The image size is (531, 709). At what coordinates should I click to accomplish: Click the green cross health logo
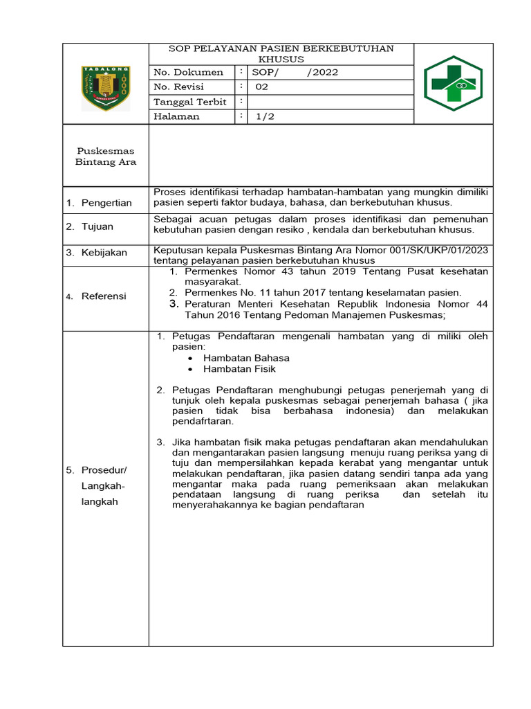tap(454, 84)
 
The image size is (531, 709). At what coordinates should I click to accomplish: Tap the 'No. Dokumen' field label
tap(188, 72)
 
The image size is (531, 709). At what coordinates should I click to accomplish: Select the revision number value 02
tap(262, 87)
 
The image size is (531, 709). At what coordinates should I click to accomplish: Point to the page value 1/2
tap(265, 116)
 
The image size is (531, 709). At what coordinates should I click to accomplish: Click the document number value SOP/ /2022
tap(294, 72)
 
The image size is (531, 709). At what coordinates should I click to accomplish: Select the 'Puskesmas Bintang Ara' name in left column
tap(106, 156)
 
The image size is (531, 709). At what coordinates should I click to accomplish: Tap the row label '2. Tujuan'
tap(90, 226)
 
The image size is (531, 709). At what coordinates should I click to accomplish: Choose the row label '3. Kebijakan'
tap(97, 253)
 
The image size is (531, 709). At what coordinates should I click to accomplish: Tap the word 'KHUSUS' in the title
tap(281, 60)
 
